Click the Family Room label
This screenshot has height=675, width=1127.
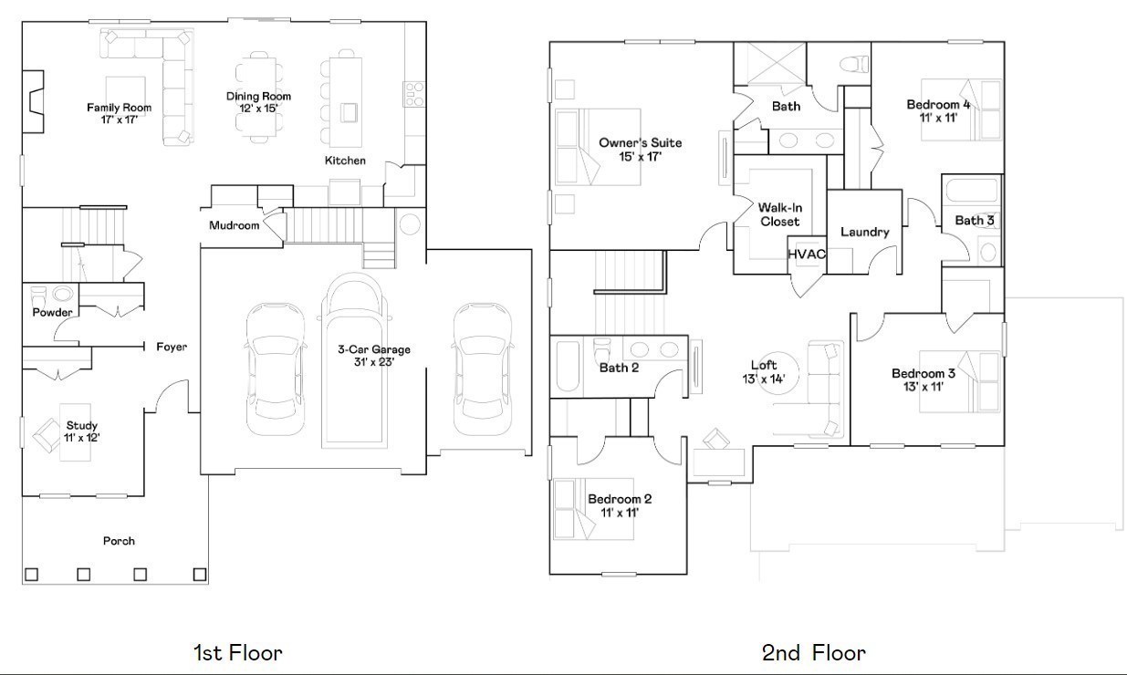tap(119, 108)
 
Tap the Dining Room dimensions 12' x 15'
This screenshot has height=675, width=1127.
tap(258, 108)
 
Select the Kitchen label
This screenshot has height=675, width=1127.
tap(345, 161)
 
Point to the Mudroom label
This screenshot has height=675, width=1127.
tap(234, 225)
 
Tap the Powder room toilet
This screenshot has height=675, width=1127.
tap(38, 296)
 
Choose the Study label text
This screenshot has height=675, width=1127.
tap(81, 425)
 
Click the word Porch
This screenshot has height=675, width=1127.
tap(119, 541)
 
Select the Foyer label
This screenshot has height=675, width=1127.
tap(172, 347)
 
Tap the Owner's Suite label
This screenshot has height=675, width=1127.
tap(640, 143)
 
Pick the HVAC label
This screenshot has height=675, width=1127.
tap(806, 254)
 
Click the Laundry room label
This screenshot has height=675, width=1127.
tap(864, 232)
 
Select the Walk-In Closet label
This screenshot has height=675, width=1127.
tap(778, 214)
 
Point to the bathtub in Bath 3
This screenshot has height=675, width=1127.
tap(971, 192)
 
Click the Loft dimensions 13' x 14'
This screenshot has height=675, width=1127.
tap(763, 379)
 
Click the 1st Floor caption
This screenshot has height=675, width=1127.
tap(237, 652)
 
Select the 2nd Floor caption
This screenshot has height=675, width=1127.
tap(813, 652)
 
